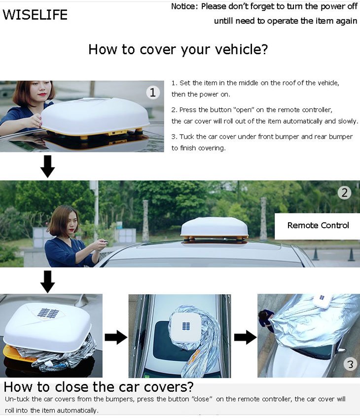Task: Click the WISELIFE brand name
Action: (35, 15)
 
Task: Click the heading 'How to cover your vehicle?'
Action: (178, 49)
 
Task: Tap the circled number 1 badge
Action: (153, 92)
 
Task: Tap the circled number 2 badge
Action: (344, 192)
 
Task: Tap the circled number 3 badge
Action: (350, 365)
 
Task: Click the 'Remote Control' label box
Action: (318, 226)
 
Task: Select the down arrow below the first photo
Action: (48, 167)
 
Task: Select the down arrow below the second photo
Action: (48, 281)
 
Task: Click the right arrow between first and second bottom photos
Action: (115, 337)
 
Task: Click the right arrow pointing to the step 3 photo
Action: (245, 337)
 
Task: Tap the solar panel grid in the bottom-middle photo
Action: (186, 326)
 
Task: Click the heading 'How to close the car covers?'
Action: (99, 386)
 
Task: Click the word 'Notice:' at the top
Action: (185, 7)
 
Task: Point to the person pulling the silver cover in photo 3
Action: (267, 319)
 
